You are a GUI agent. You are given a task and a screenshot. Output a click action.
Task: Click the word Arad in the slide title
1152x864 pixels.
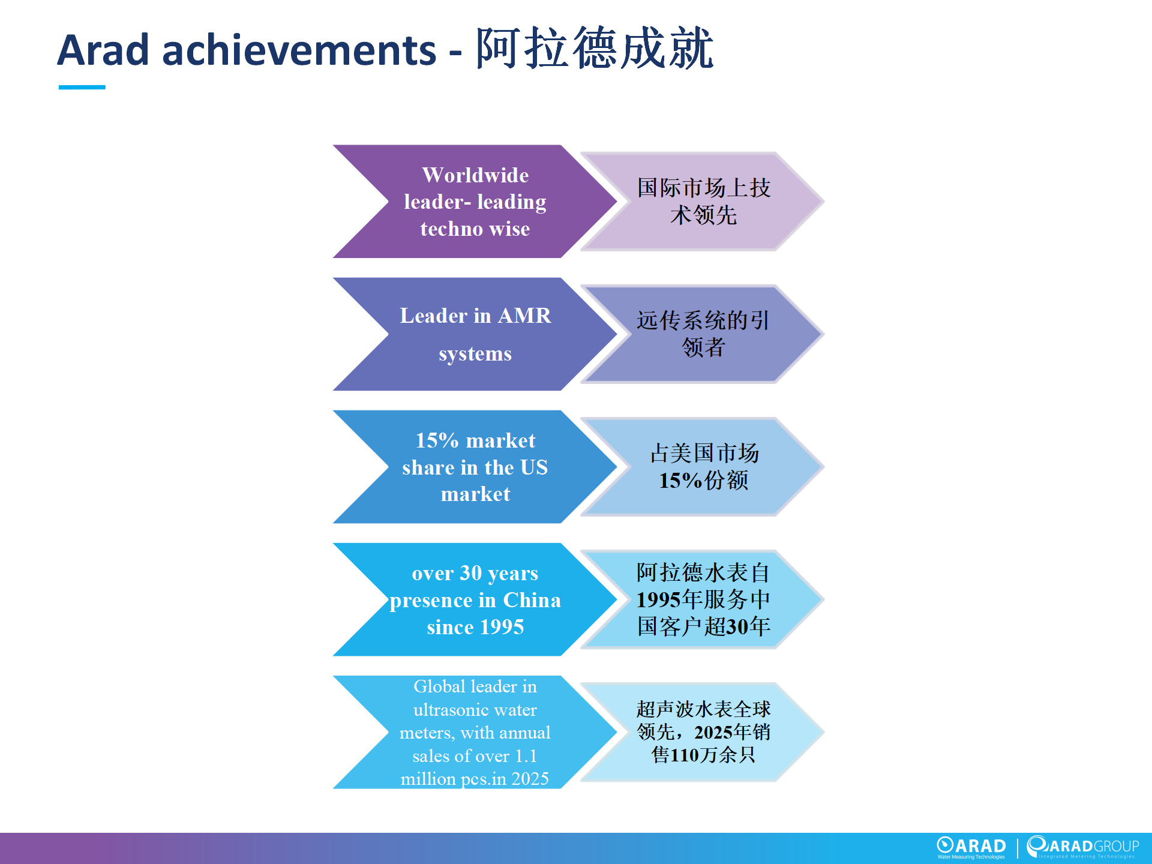coord(103,50)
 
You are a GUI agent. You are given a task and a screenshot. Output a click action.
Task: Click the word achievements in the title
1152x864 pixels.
coord(299,50)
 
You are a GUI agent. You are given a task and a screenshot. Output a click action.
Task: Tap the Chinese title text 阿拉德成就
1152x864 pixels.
coord(595,48)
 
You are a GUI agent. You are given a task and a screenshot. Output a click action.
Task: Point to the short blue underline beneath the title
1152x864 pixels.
coord(82,88)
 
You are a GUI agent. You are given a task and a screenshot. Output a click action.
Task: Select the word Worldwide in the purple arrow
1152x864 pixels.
coord(475,175)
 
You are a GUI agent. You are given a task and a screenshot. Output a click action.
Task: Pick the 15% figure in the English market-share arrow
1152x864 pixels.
coord(437,440)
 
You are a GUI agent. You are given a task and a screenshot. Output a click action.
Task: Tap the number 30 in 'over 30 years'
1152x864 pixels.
coord(471,573)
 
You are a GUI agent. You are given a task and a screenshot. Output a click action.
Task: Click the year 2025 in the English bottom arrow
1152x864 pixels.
coord(530,779)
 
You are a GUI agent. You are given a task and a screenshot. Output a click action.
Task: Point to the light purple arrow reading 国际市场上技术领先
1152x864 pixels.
coord(702,202)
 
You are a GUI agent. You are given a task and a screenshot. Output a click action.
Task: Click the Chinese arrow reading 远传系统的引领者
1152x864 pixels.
coord(702,334)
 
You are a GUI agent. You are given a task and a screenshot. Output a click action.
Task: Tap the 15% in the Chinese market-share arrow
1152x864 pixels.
coord(680,481)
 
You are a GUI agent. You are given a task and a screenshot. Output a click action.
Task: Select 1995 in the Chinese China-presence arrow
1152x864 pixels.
coord(659,599)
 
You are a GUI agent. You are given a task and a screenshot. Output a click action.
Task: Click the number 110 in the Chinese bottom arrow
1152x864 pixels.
coord(685,755)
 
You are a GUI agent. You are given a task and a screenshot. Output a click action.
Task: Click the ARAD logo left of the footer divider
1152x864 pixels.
coord(971,847)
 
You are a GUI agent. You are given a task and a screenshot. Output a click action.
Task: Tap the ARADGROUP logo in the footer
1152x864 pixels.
coord(1083,847)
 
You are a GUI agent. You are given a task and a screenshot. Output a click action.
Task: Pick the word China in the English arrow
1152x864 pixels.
coord(532,600)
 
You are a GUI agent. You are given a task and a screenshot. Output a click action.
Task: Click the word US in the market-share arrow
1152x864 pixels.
coord(534,467)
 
